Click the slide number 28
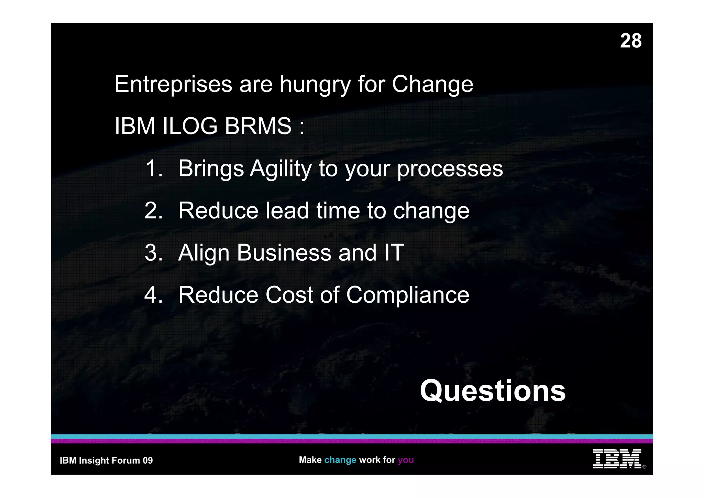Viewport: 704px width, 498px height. (x=630, y=41)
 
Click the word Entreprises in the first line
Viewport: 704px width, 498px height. (x=173, y=84)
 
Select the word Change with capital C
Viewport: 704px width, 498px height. (x=432, y=84)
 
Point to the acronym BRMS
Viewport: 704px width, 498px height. (x=258, y=126)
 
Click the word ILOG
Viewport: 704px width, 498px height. (x=190, y=126)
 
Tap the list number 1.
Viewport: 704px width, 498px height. (x=153, y=169)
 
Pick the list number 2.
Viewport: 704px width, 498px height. (x=153, y=210)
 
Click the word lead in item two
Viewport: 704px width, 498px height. (x=287, y=210)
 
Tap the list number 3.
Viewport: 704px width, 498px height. (x=153, y=253)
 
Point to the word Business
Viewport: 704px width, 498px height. (x=284, y=253)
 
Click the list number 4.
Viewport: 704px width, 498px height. (x=153, y=295)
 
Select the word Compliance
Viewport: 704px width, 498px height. (x=407, y=295)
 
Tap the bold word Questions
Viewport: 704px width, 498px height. (x=492, y=391)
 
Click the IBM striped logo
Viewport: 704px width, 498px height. (x=617, y=458)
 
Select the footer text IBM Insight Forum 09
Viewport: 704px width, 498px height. (x=106, y=461)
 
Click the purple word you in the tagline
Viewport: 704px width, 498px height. (x=406, y=460)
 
